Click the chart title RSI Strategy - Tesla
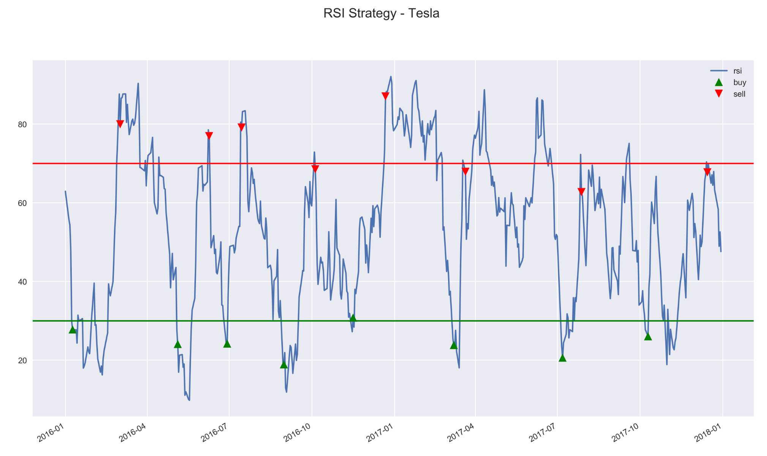(381, 13)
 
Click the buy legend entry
(739, 82)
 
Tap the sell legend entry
(739, 94)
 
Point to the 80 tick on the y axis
(22, 125)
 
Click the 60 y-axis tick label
(22, 203)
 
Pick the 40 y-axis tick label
(22, 282)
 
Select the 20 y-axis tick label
(22, 361)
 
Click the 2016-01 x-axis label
(50, 433)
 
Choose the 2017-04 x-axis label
(461, 433)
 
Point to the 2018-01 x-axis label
(708, 433)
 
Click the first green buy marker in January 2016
(73, 330)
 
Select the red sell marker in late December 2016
(385, 96)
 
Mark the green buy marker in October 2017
(648, 337)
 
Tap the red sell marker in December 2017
(707, 172)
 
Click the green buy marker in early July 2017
(562, 358)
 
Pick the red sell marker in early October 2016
(315, 169)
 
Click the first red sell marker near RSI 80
(120, 124)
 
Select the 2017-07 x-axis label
(543, 433)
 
